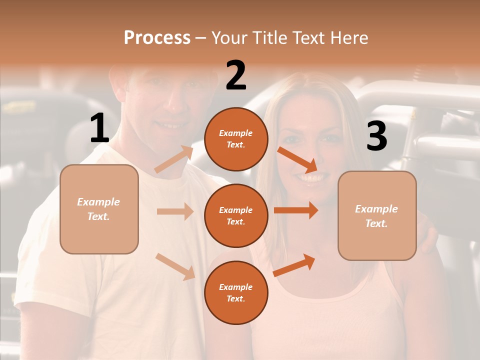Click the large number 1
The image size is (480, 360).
pos(99,128)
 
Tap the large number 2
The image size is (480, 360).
pos(236,75)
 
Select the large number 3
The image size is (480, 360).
pos(376,136)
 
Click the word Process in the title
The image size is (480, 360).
pos(157,37)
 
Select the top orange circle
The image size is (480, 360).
pos(236,139)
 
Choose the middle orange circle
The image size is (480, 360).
pos(236,215)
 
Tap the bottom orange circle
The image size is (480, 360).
pos(236,292)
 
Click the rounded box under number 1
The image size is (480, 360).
pos(99,209)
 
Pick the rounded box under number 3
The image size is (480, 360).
pos(377,215)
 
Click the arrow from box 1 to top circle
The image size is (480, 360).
pos(174,159)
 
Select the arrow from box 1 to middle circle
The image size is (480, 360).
pos(175,211)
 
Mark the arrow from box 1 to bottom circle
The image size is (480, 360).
pos(175,266)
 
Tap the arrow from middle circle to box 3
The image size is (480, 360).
pos(296,210)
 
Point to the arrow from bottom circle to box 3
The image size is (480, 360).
pos(294,265)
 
